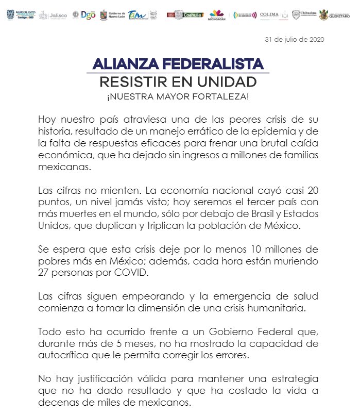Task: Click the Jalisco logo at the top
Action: coord(54,15)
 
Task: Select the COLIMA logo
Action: coord(269,15)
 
